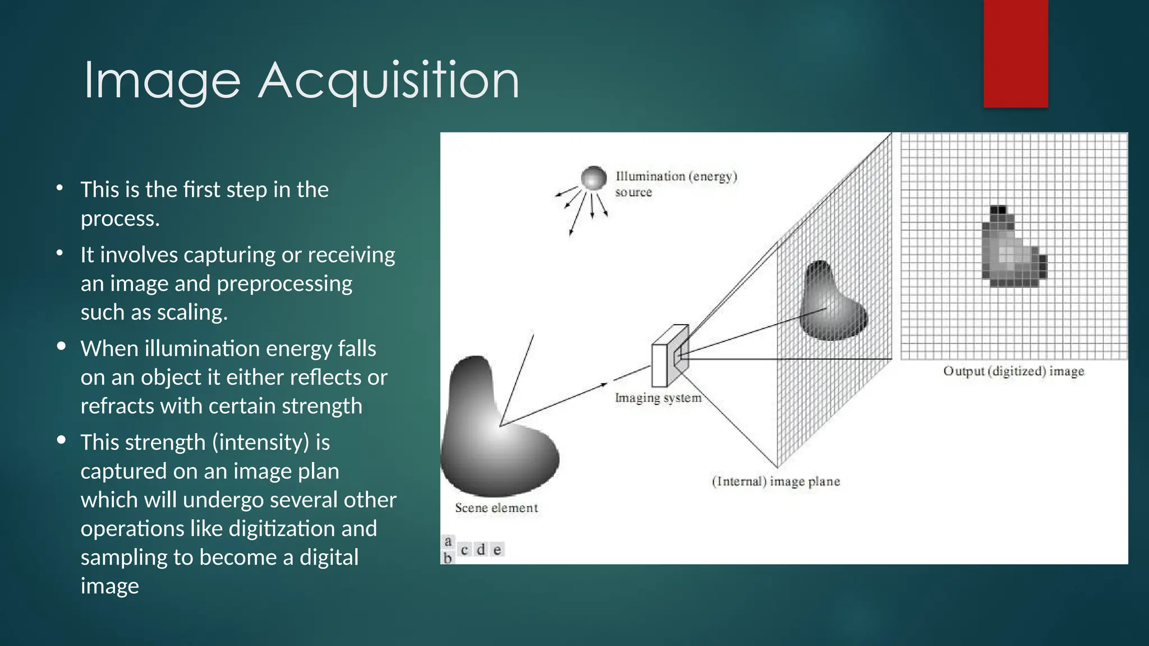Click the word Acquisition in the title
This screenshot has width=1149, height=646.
point(388,81)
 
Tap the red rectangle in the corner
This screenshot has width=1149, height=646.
point(1015,53)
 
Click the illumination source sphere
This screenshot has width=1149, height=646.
point(594,178)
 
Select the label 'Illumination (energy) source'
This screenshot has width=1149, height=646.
point(675,183)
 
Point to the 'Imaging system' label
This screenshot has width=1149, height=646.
point(658,398)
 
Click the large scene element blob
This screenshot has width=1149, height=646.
point(494,432)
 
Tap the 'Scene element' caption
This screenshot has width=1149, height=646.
point(496,507)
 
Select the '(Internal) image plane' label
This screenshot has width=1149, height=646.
point(776,481)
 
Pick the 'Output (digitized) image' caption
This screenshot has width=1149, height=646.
point(1013,371)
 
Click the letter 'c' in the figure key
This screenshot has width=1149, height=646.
point(465,550)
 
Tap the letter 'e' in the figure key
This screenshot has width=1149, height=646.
point(497,550)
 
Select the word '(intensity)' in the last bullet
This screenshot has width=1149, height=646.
point(260,442)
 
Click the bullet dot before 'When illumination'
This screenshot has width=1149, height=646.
point(61,346)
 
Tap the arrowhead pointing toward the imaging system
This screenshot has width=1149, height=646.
point(604,385)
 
